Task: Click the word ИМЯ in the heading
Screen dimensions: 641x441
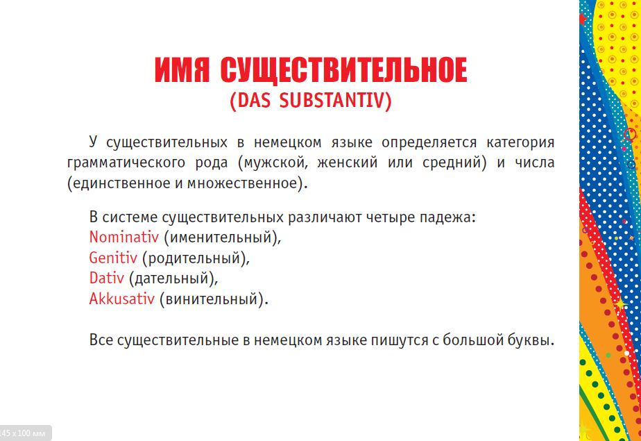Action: (x=182, y=70)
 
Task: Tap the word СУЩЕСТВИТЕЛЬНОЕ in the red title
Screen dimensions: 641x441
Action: (x=343, y=71)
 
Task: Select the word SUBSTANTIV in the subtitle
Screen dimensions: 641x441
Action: (x=335, y=101)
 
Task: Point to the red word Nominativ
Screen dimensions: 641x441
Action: (x=124, y=237)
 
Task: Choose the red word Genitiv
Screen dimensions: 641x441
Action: (x=113, y=258)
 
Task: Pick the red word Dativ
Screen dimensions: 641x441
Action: (x=106, y=278)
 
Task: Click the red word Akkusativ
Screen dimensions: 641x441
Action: (x=122, y=299)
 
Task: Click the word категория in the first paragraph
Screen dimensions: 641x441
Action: (x=520, y=143)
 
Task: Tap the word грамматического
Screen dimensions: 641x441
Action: (x=126, y=163)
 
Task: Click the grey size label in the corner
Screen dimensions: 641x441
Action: (x=24, y=433)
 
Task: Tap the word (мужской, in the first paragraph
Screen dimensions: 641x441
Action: (x=272, y=163)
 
